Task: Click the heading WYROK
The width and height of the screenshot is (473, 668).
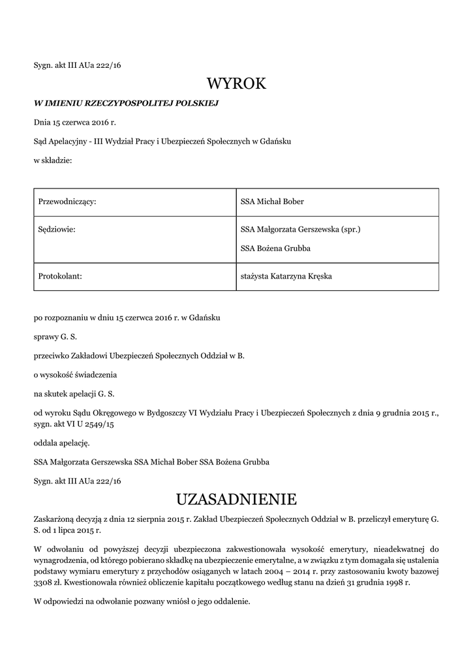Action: (x=236, y=83)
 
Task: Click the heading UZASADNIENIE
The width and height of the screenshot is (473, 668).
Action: (x=236, y=500)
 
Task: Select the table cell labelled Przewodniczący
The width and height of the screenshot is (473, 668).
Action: (x=68, y=202)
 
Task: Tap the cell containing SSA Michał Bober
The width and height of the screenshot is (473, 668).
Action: (x=272, y=202)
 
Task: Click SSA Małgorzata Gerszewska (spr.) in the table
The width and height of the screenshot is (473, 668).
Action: (x=301, y=230)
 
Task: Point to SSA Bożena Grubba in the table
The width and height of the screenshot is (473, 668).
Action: (x=275, y=249)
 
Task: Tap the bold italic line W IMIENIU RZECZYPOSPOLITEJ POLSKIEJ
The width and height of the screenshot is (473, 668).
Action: (x=126, y=103)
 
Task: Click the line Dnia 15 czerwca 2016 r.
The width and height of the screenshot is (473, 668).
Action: (x=75, y=122)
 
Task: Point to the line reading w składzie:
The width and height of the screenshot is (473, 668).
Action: (x=53, y=160)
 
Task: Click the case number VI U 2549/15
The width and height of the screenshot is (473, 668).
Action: (x=91, y=425)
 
